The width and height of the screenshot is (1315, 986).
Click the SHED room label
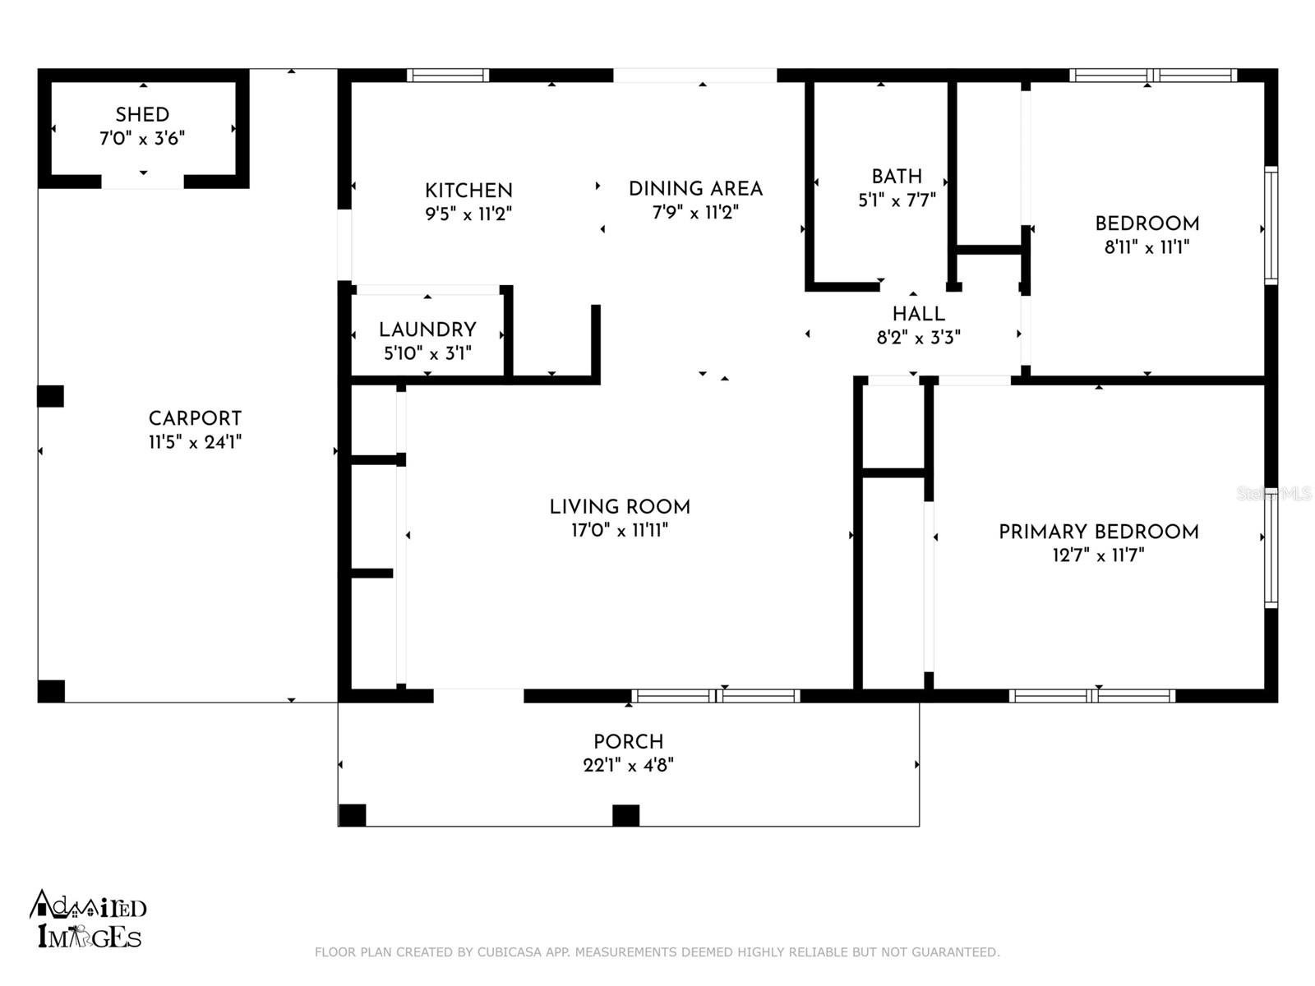coord(142,114)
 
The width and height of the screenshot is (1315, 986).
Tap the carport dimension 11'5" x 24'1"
coord(195,442)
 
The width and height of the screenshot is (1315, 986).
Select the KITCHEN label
coord(468,191)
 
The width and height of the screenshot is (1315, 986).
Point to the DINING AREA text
coord(695,189)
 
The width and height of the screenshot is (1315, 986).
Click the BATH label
coord(896,177)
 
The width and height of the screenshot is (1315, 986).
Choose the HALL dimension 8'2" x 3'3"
coord(918,338)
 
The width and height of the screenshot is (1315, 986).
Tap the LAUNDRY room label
coord(427,329)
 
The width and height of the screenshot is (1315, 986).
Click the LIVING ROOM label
coord(620,507)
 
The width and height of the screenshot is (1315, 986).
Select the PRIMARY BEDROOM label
coord(1099,532)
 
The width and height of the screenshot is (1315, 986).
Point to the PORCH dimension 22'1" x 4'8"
coord(629,765)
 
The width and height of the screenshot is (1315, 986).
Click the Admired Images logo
coord(88,919)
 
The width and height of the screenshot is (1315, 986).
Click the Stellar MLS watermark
coord(1274,494)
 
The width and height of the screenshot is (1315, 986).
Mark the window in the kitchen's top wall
coord(448,76)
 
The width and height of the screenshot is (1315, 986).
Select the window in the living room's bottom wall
coord(716,696)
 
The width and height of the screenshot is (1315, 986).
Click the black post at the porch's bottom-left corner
coord(353,815)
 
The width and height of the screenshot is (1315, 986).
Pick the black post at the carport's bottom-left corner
coord(52,692)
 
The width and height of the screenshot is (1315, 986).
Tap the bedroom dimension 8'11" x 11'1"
coord(1147,247)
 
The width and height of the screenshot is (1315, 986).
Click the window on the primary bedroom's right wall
coord(1271,548)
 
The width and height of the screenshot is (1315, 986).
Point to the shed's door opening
coord(142,182)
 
